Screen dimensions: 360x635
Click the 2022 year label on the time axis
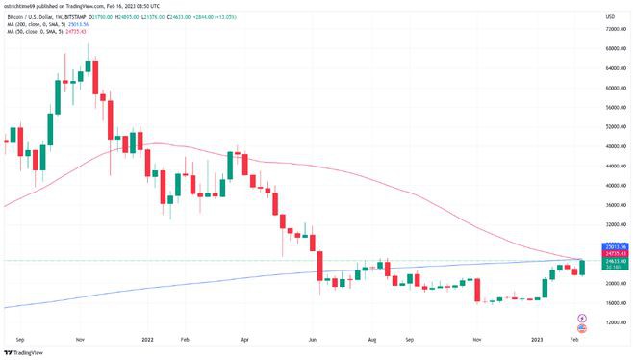[147, 340]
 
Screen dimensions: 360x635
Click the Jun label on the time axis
[312, 340]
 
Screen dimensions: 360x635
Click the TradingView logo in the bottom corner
[24, 350]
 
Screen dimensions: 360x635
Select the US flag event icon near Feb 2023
[580, 328]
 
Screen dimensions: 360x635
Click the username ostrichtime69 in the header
[20, 5]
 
